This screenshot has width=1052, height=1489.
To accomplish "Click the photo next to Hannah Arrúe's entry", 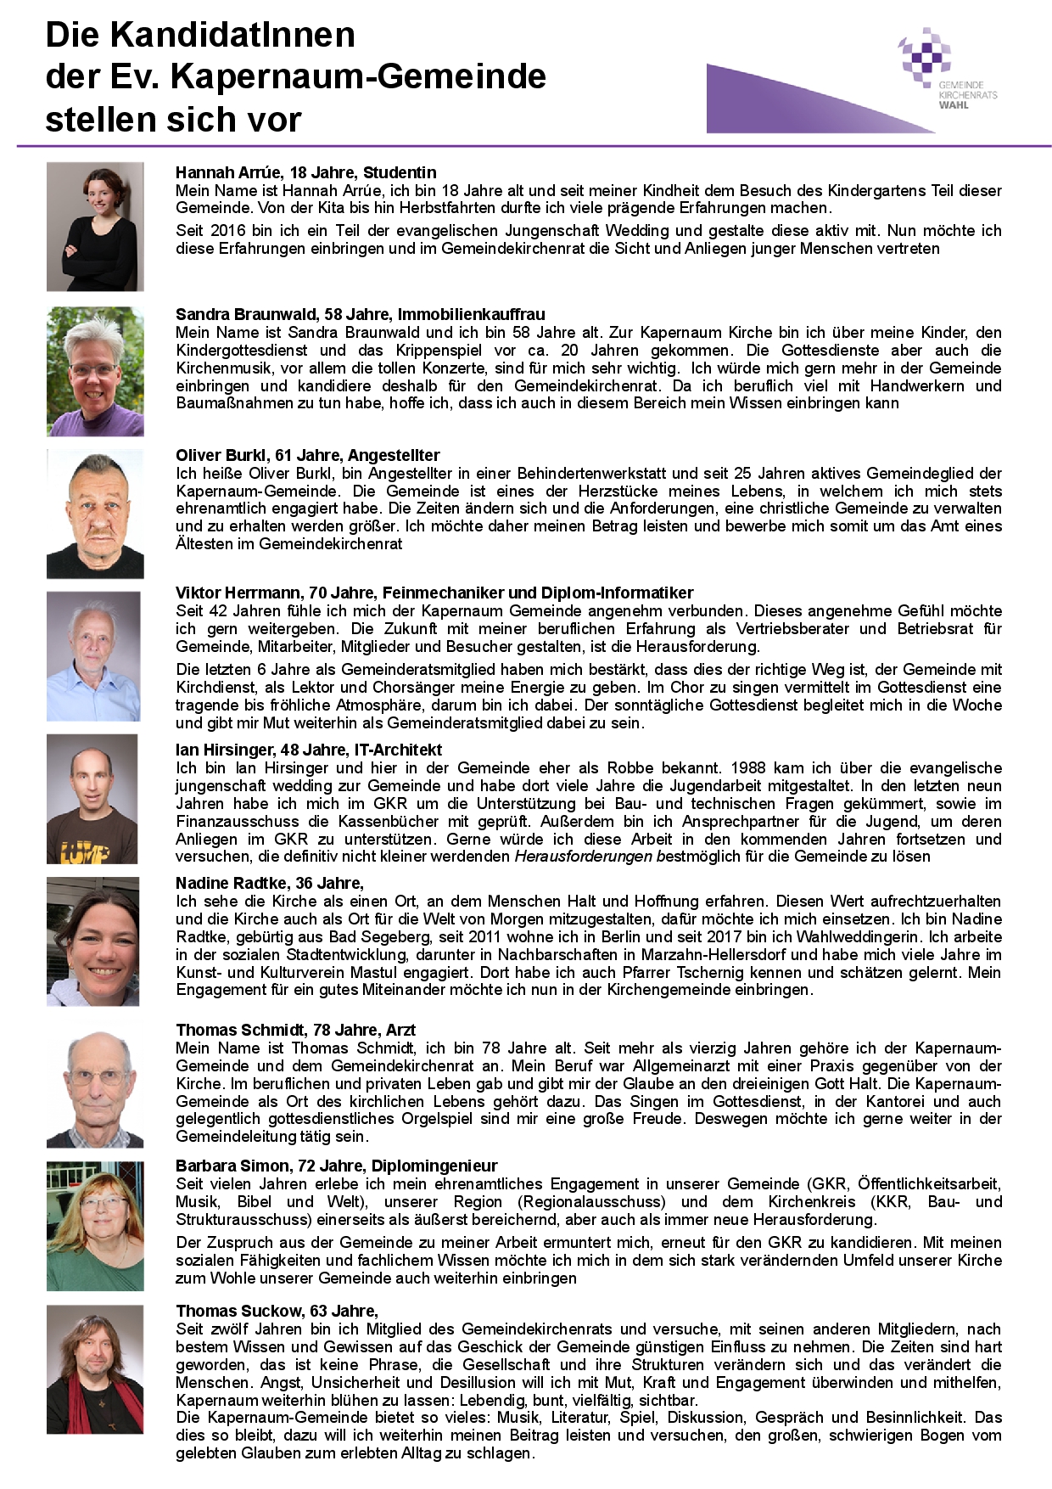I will coord(95,227).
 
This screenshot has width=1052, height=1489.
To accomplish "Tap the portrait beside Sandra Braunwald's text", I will coord(95,371).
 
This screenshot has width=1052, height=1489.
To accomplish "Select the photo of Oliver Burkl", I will coord(95,514).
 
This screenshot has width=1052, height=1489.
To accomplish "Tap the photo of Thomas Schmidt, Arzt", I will coord(95,1089).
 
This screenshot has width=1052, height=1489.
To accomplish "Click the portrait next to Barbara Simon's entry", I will coord(95,1226).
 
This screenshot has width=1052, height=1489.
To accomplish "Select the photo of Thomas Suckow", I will coord(95,1368).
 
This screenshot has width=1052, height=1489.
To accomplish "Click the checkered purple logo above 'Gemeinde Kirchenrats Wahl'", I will coord(925,56).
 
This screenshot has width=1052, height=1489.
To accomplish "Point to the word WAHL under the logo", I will coord(953,105).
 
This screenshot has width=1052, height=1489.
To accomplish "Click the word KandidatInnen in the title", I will coord(232,36).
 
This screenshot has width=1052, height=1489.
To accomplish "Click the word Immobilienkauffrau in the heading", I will coord(471,314).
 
